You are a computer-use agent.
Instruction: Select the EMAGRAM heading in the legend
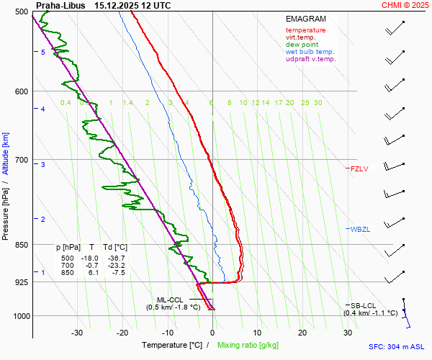point(306,19)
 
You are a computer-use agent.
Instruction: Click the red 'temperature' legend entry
point(305,30)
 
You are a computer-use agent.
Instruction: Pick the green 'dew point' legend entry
point(302,45)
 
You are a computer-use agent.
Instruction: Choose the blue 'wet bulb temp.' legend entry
point(310,52)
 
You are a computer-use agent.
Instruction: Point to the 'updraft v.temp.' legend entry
point(310,59)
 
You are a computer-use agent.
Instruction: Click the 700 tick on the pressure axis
point(20,160)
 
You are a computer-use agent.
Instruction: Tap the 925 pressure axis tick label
point(20,282)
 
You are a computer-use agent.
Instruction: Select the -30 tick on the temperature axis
point(77,332)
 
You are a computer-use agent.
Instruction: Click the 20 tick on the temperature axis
point(302,332)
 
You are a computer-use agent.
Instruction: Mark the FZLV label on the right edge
point(359,169)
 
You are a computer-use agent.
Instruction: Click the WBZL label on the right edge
point(360,230)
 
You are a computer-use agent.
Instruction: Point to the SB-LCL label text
point(364,305)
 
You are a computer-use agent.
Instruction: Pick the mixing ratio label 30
point(318,103)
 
